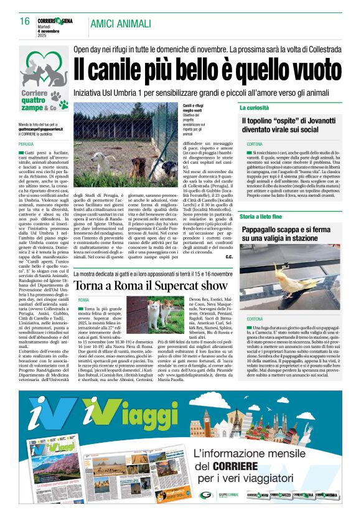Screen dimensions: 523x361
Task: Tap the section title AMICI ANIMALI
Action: coord(120,24)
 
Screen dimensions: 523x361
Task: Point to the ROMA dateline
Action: coord(83,300)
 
